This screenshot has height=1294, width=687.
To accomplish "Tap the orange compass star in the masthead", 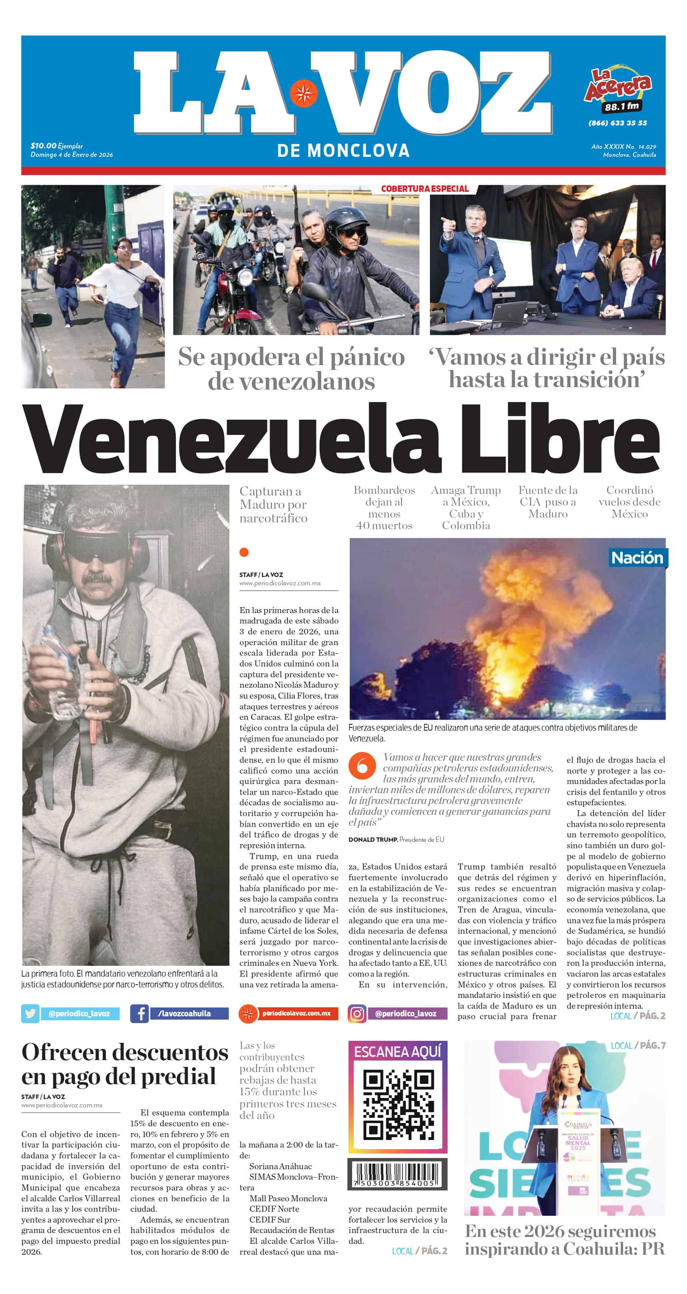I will point(303,93).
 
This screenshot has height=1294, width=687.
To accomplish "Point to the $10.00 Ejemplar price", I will point(56,146).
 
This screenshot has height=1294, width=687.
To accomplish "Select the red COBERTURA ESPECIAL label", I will point(424,189).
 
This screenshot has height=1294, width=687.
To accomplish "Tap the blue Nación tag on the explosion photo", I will point(637,558).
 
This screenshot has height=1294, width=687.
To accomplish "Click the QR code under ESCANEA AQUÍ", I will point(398,1105).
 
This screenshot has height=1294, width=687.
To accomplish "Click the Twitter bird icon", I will point(30,1013).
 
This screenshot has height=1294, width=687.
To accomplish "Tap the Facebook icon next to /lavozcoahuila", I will point(139,1013).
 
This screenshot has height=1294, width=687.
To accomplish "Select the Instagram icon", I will point(357,1014).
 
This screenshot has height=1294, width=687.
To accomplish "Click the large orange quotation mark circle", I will point(362,766).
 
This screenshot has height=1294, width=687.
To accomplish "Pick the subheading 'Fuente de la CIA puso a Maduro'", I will point(548,502).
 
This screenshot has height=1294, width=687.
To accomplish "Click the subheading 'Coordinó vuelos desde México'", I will point(629,502).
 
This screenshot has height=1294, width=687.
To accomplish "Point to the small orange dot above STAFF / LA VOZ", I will point(244,553).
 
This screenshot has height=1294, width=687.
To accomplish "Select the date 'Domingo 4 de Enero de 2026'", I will point(72,155).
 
